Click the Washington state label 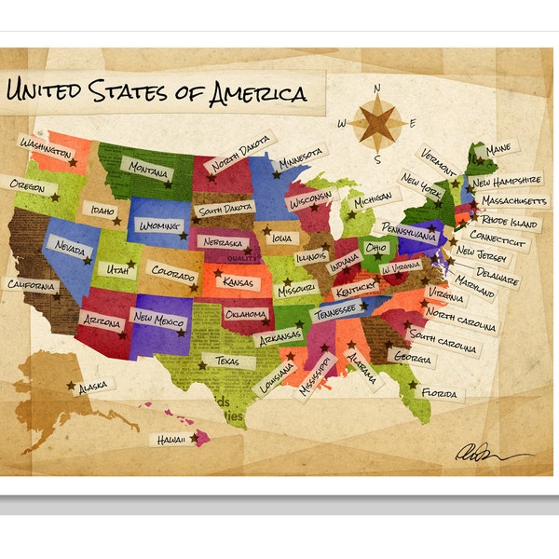tap(46, 147)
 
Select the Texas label tap(227, 361)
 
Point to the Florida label tap(438, 393)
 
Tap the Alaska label tap(92, 385)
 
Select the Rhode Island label tap(510, 223)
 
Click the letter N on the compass tap(378, 89)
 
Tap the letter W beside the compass tap(342, 122)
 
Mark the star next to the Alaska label tap(71, 386)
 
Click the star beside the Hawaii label tap(195, 436)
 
